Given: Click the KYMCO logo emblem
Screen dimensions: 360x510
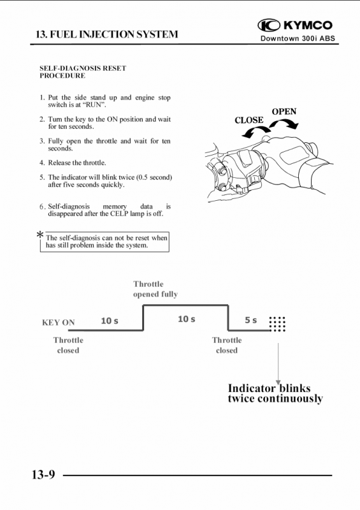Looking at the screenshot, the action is coord(269,25).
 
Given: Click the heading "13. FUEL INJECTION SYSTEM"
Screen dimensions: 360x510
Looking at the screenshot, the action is coord(107,34).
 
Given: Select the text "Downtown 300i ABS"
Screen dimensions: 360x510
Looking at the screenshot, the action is coord(298,38).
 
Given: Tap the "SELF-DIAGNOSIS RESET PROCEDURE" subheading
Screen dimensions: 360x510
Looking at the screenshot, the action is coord(83,72).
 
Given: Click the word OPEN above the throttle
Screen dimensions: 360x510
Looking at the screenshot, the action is coord(284,112).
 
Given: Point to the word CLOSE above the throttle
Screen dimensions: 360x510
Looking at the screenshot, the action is coord(249,120).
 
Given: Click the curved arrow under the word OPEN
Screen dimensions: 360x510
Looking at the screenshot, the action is coord(284,124).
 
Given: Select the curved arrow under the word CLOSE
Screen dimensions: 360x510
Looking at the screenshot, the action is coord(256,131).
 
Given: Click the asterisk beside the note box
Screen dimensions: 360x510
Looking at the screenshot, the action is coord(40,235).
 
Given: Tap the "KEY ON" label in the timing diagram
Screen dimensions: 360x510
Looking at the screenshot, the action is coord(59,323).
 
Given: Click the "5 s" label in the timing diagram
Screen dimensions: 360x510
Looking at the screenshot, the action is coord(251,321).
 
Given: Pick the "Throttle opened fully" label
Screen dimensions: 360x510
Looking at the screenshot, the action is coord(155,289).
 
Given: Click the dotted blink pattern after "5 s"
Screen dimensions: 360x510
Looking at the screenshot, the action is coord(277,324).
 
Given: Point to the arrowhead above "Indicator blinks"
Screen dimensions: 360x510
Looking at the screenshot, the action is coord(278,382).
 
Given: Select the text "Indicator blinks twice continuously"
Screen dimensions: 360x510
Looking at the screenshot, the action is coord(275,393).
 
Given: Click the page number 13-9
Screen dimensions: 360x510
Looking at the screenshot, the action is coord(43,474).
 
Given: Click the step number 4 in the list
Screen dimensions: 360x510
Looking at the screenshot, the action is coord(41,163).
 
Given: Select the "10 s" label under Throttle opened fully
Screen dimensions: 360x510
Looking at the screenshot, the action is coord(186,319).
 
